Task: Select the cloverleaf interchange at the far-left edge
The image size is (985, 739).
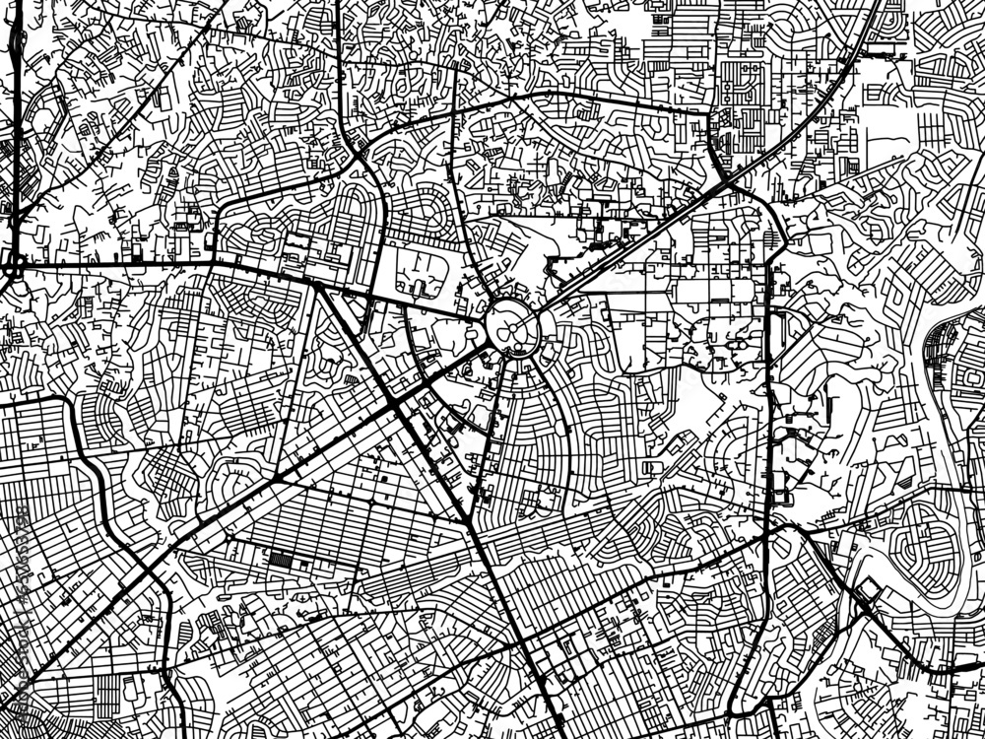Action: (x=14, y=264)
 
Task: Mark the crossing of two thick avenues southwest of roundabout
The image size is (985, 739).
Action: (x=394, y=406)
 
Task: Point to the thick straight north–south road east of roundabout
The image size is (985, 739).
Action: (x=768, y=394)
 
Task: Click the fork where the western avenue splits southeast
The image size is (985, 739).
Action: (x=319, y=286)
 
